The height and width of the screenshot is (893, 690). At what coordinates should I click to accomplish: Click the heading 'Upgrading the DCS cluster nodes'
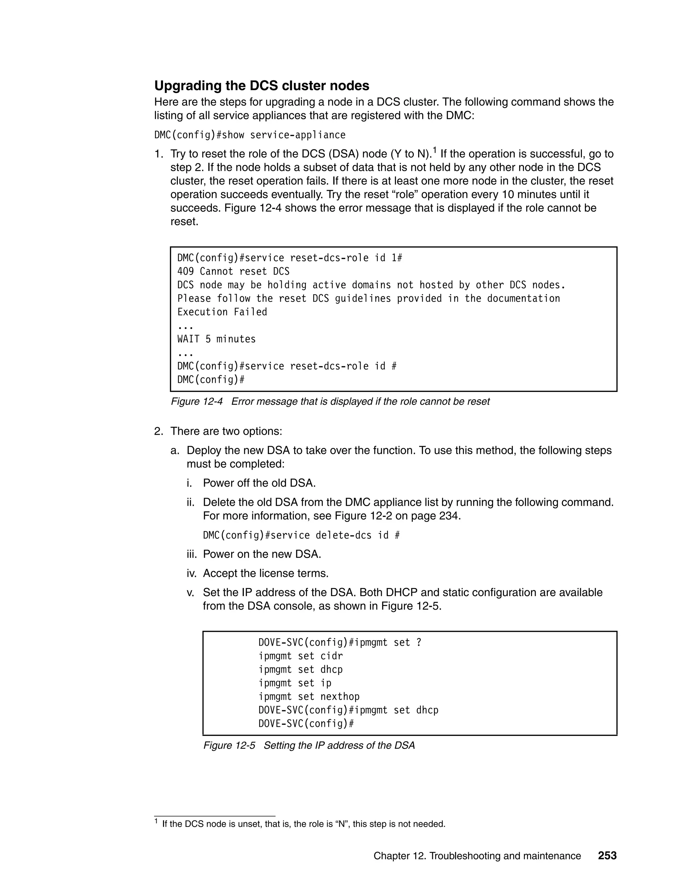pyautogui.click(x=261, y=86)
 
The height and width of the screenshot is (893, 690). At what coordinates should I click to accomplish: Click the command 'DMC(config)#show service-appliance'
pyautogui.click(x=250, y=135)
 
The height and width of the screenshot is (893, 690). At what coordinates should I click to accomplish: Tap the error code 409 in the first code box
pyautogui.click(x=186, y=272)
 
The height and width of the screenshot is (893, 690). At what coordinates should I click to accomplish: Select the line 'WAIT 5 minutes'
pyautogui.click(x=216, y=339)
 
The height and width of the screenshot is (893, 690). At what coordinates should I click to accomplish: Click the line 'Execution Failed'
pyautogui.click(x=222, y=312)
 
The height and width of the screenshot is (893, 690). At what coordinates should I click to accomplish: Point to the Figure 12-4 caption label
pyautogui.click(x=197, y=402)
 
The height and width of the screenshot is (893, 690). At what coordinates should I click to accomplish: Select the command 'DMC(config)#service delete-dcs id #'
pyautogui.click(x=301, y=535)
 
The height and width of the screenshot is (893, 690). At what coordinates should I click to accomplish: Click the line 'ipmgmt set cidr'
pyautogui.click(x=301, y=656)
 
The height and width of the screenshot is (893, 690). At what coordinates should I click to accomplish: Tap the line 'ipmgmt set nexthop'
pyautogui.click(x=309, y=696)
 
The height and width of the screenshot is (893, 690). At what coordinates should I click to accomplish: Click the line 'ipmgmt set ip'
pyautogui.click(x=295, y=683)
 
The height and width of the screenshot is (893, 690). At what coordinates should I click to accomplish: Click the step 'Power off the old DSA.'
pyautogui.click(x=259, y=483)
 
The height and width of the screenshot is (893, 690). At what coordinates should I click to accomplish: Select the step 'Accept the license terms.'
pyautogui.click(x=266, y=573)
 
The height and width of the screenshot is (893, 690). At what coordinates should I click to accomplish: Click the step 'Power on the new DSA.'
pyautogui.click(x=262, y=554)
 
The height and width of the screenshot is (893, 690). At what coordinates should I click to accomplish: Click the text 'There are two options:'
pyautogui.click(x=226, y=431)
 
